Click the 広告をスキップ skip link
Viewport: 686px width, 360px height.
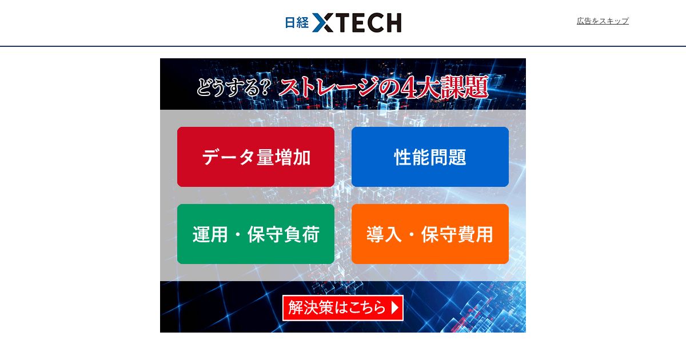[x=603, y=21]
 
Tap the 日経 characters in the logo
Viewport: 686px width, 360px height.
[x=297, y=22]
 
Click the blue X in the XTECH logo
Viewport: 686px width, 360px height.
[x=323, y=22]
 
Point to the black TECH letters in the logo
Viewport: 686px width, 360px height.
[x=368, y=22]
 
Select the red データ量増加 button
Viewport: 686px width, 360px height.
[x=256, y=157]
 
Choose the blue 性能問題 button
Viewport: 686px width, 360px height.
[x=430, y=157]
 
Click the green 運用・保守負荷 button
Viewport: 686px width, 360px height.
[x=256, y=234]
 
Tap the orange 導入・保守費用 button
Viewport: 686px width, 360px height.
[x=430, y=234]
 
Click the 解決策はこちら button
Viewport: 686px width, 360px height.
[x=342, y=307]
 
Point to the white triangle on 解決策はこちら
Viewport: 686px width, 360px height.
[x=395, y=307]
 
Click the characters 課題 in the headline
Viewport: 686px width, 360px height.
[x=464, y=87]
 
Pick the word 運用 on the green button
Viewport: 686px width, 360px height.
[x=210, y=234]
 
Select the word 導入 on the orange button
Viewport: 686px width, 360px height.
[x=384, y=234]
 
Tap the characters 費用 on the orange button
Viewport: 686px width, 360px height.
[x=475, y=234]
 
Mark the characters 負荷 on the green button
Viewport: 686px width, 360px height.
[x=302, y=234]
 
